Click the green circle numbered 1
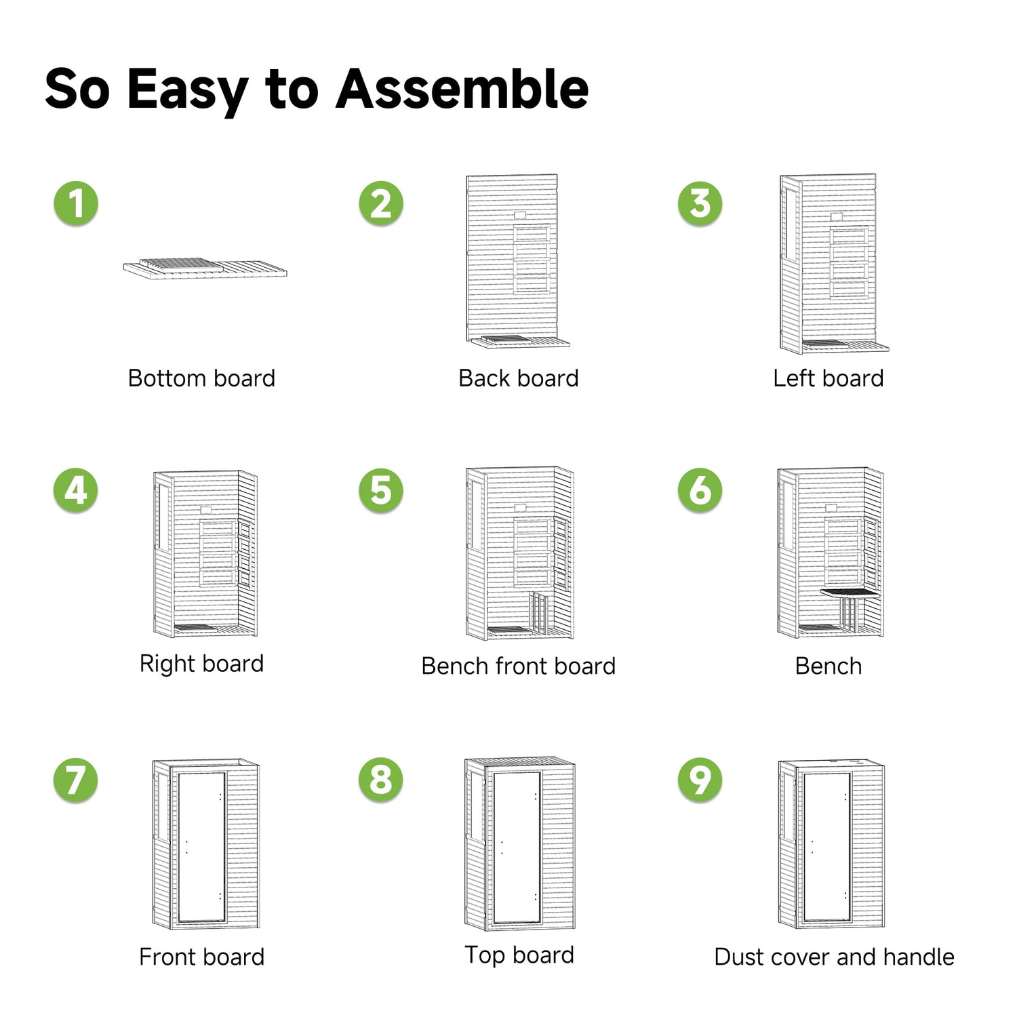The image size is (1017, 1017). coord(76,203)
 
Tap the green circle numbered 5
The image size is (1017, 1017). coord(381,490)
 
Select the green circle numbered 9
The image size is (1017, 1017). coord(700,780)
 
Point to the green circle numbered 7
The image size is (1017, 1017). coord(76,780)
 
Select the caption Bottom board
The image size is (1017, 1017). coord(201,378)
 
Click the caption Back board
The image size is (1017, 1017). coord(519,378)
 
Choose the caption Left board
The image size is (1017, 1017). coord(829,378)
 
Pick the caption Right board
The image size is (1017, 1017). coord(201,664)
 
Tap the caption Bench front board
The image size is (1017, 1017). coord(519,666)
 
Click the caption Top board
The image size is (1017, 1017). coord(519,955)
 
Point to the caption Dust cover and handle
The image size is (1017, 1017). coord(835,957)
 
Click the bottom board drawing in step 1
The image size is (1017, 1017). coord(205,269)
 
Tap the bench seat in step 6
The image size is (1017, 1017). coord(850,593)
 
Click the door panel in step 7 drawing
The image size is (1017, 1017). coord(201,847)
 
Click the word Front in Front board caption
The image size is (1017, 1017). coord(168,957)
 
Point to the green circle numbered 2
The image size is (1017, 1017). coord(381,203)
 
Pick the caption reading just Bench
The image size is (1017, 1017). coord(829,666)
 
